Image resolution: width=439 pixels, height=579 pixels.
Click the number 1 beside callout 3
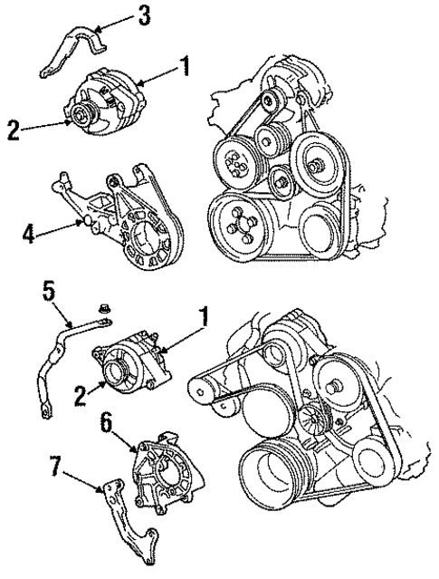click(185, 65)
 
